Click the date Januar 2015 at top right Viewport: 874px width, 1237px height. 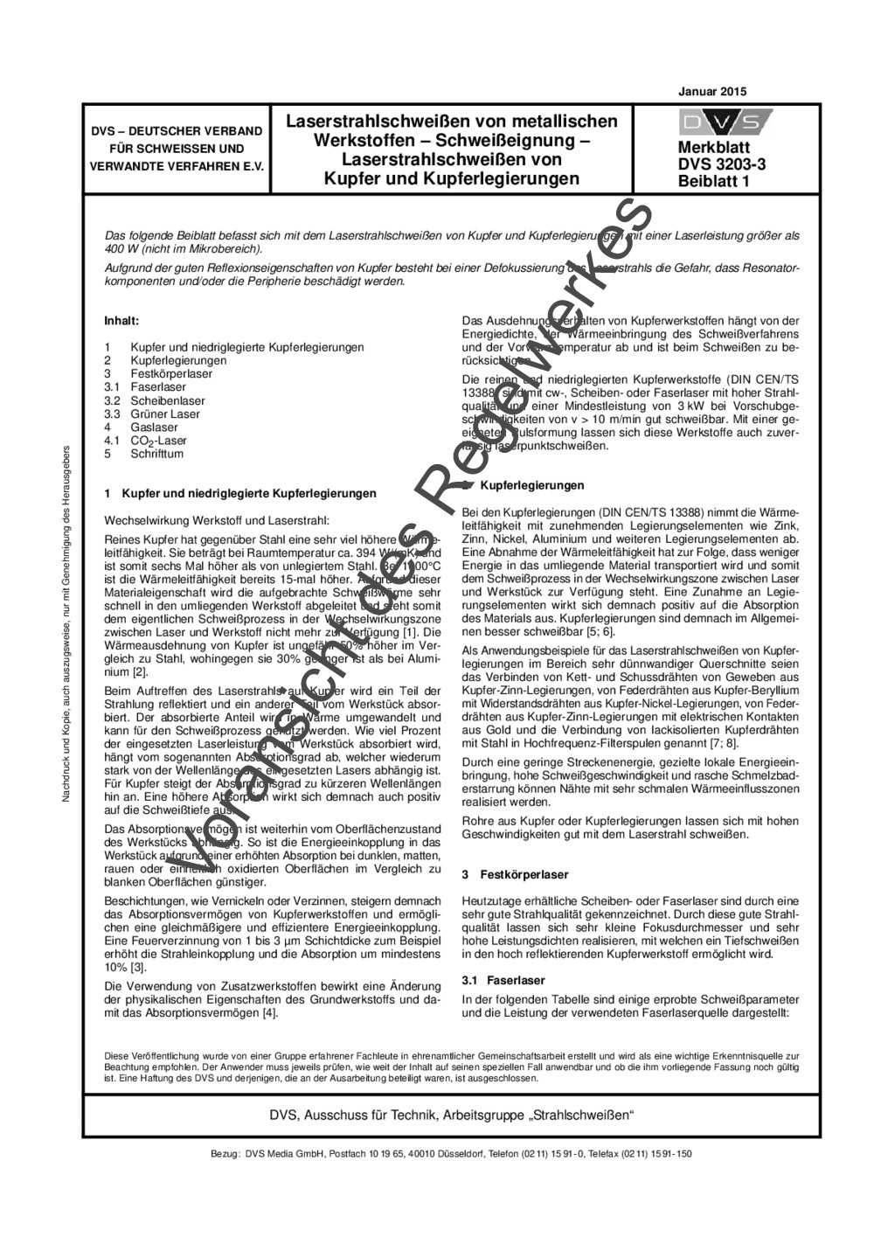[x=711, y=91]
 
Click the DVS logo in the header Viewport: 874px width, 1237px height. [x=725, y=122]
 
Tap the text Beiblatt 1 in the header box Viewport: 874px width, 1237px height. [x=712, y=181]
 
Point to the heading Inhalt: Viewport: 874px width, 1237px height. [x=121, y=321]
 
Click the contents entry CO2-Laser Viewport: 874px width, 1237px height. [x=158, y=441]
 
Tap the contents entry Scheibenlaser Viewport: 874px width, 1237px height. [x=166, y=400]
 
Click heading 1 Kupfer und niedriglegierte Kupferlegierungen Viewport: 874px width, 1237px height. [x=240, y=493]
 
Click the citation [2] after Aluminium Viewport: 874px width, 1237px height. [x=140, y=671]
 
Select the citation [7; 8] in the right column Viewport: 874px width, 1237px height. [x=723, y=743]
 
